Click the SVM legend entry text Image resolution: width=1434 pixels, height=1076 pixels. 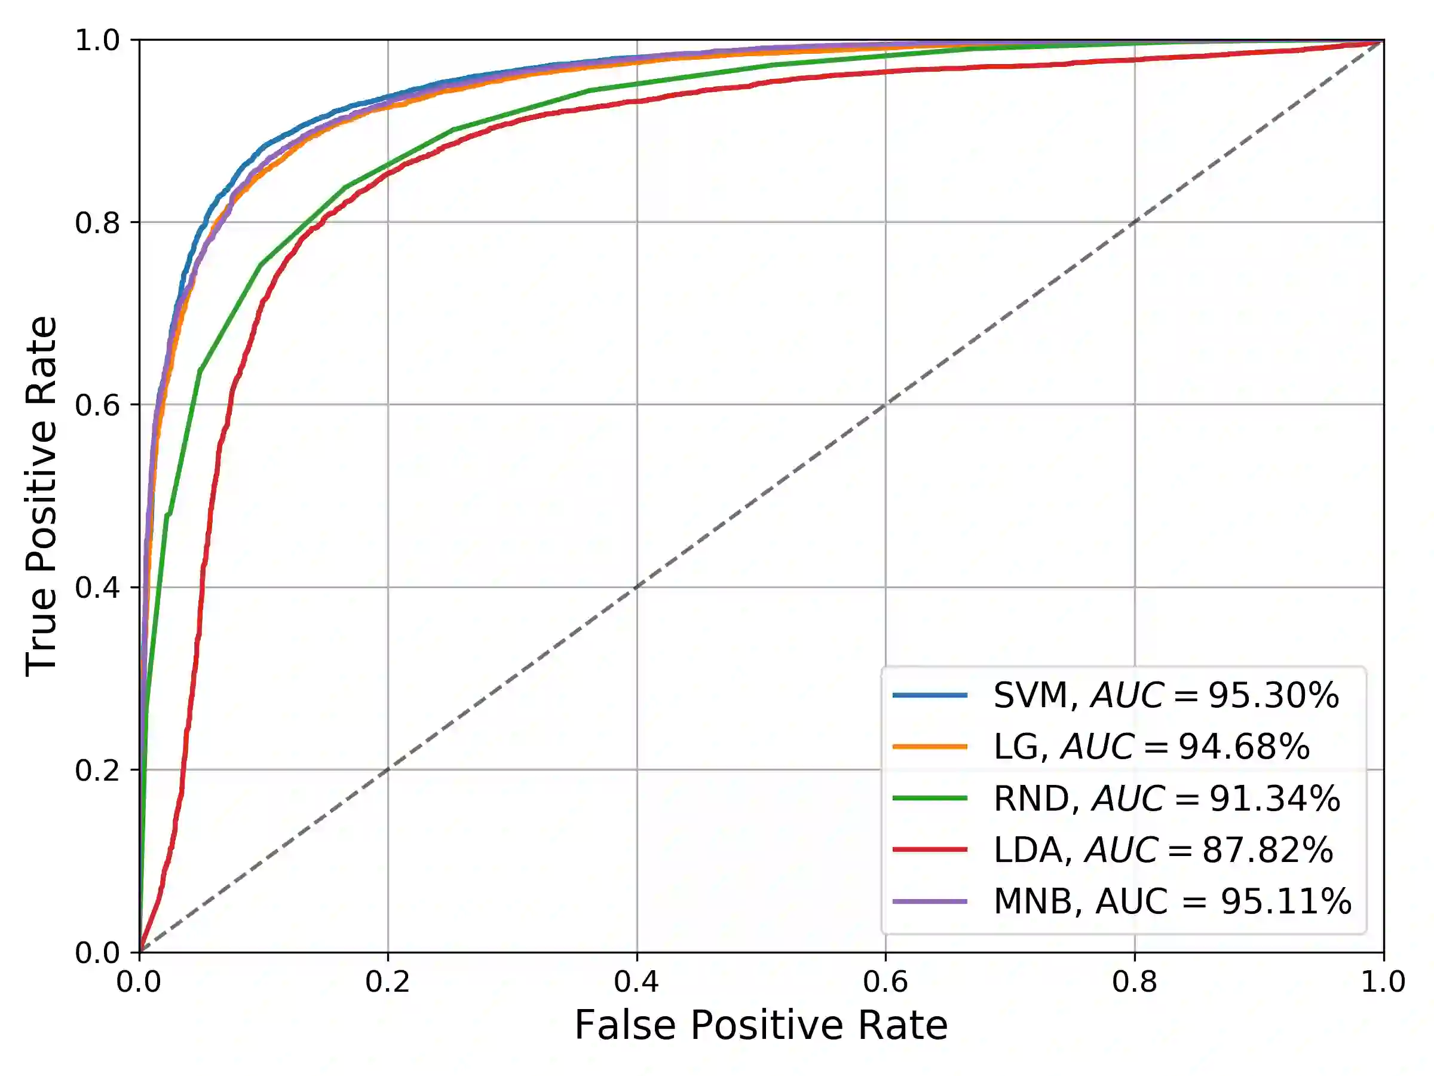click(1166, 696)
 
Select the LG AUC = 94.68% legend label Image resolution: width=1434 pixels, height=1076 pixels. click(1151, 747)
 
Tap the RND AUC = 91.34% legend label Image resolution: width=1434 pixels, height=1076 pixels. click(1166, 799)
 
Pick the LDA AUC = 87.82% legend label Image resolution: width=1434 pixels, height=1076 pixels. click(1163, 849)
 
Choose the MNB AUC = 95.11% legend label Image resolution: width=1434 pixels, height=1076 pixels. click(1172, 901)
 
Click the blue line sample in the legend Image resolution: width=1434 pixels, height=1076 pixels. click(930, 695)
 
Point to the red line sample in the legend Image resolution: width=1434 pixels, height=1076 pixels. click(930, 849)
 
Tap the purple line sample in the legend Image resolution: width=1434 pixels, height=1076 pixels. click(930, 901)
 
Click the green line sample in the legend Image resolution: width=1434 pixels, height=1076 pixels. click(930, 799)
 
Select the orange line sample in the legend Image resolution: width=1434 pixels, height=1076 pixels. click(930, 747)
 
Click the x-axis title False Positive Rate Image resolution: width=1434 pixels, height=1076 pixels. click(761, 1026)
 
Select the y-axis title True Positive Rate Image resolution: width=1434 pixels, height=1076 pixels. click(41, 496)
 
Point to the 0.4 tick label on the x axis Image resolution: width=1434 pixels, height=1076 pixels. click(636, 982)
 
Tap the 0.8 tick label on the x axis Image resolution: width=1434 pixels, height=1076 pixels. click(1135, 982)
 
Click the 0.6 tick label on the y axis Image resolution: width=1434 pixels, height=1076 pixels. click(97, 405)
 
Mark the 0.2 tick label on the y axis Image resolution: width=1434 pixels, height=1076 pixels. click(97, 771)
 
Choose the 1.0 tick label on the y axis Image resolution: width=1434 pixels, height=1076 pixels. click(97, 41)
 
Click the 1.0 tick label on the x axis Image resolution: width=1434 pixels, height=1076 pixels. click(1383, 982)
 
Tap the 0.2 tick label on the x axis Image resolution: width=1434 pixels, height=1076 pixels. click(388, 982)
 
